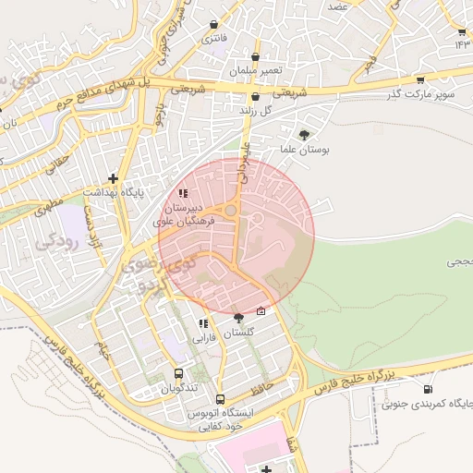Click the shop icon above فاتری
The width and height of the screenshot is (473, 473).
click(215, 25)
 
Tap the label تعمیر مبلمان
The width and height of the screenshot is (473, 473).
click(255, 71)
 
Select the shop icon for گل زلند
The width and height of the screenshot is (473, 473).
click(255, 96)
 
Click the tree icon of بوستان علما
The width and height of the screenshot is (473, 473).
click(305, 134)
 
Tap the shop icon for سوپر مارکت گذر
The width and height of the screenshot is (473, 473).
click(420, 79)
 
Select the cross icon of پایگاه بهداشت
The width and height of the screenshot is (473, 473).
click(113, 177)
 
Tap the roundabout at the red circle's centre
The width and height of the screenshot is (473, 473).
click(231, 212)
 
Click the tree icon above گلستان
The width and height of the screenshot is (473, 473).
click(238, 317)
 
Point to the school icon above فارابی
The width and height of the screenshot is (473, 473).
click(202, 323)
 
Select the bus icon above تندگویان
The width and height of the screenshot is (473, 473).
click(178, 374)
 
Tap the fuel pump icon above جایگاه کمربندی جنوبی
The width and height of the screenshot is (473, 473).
click(427, 389)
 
